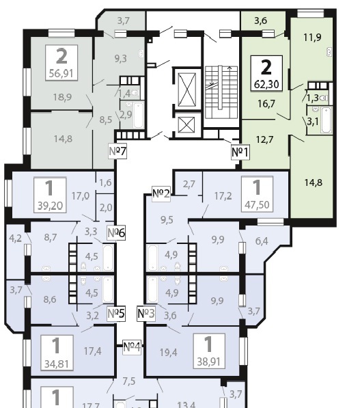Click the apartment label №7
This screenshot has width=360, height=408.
point(117,151)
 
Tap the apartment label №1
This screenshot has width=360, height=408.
point(240,152)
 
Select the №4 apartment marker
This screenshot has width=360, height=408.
point(132,347)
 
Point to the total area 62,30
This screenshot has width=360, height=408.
point(266,84)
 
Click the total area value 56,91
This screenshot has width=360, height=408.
point(61,73)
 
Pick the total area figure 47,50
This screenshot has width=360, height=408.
point(257,205)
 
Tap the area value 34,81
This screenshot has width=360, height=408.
point(57,364)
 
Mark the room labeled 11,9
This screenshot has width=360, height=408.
point(312,38)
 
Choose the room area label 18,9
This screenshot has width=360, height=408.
point(62,97)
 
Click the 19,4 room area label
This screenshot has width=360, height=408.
point(169,353)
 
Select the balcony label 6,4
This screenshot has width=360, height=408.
point(262,241)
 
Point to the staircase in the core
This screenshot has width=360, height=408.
point(221,92)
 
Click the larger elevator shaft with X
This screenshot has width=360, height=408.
point(186,90)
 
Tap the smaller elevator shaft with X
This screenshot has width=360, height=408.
point(186,124)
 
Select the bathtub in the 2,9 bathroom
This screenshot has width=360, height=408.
point(139,115)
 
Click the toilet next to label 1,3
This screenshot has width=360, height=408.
point(324,98)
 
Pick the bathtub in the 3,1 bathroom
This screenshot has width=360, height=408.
point(326,120)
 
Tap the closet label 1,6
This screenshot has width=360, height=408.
point(105,182)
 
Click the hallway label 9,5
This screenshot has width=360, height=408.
point(167,220)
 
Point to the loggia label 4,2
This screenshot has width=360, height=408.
point(15,239)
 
